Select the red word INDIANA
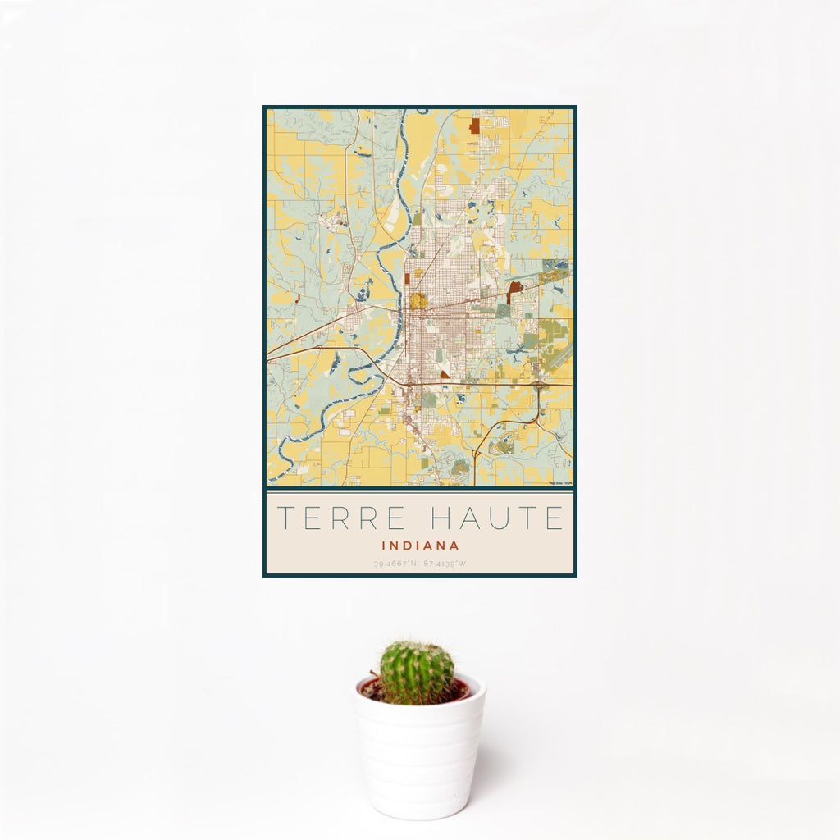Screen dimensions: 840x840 pyautogui.click(x=420, y=545)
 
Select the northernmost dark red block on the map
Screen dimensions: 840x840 pyautogui.click(x=474, y=126)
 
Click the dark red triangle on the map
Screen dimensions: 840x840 pyautogui.click(x=444, y=375)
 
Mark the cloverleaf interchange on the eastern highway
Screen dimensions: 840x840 pyautogui.click(x=539, y=385)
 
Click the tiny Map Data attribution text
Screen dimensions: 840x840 pyautogui.click(x=560, y=483)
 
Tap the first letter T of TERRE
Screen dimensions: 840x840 pyautogui.click(x=284, y=518)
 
